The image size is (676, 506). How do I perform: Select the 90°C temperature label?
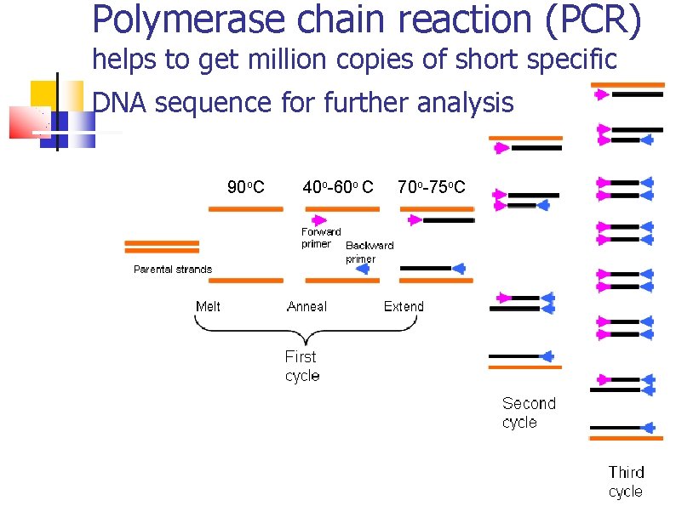tap(245, 187)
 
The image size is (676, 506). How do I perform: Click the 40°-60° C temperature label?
tap(338, 187)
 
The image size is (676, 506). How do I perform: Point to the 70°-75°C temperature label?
tap(431, 187)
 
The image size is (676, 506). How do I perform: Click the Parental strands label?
tap(173, 270)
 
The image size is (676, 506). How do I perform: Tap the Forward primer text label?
tap(321, 237)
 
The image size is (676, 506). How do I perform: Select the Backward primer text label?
tap(369, 252)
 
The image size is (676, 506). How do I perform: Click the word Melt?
tap(208, 306)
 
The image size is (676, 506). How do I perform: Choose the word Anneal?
tap(306, 306)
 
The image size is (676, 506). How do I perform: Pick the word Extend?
tap(404, 306)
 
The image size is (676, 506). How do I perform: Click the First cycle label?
tap(301, 367)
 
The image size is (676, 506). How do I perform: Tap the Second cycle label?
tap(528, 412)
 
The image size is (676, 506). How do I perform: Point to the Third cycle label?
tap(626, 481)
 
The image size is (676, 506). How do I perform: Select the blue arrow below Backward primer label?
tap(362, 269)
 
